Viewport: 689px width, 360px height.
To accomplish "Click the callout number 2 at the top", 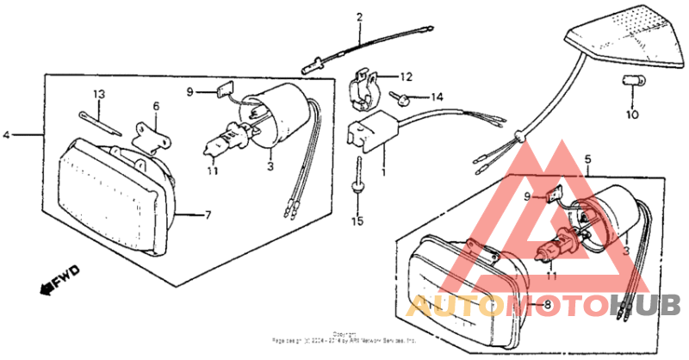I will pos(359,16).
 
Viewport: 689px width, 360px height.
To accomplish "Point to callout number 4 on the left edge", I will pos(7,135).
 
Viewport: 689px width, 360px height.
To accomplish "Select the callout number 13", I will pos(99,93).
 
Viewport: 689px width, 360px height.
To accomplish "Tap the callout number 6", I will pos(156,106).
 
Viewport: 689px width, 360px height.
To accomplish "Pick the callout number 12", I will pos(407,76).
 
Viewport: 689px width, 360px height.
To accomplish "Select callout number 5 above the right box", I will pos(587,159).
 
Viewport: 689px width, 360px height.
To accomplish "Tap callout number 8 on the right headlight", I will pos(546,305).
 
